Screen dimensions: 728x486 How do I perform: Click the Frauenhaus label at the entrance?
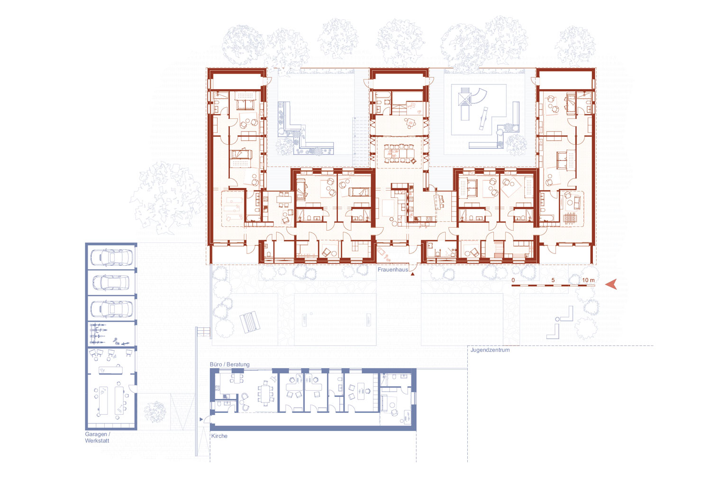click(x=392, y=270)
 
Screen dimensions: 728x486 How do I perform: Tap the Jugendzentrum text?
click(x=490, y=350)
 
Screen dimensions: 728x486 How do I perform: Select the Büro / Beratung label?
click(x=230, y=364)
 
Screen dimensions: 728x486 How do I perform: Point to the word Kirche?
click(x=219, y=436)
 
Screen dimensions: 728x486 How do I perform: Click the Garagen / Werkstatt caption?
click(x=98, y=437)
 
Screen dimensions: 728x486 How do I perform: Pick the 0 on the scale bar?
click(x=513, y=280)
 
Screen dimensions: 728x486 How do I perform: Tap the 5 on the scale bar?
click(x=553, y=280)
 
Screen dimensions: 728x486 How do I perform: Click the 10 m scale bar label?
click(x=588, y=280)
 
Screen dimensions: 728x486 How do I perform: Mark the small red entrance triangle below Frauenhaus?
click(x=412, y=274)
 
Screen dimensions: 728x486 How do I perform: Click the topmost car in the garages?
click(x=111, y=257)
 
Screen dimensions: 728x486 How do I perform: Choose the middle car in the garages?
click(x=111, y=282)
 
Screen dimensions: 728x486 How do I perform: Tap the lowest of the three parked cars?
click(x=111, y=308)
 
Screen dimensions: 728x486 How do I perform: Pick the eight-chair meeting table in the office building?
click(x=266, y=395)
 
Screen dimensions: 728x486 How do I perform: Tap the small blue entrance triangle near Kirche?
click(x=201, y=420)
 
